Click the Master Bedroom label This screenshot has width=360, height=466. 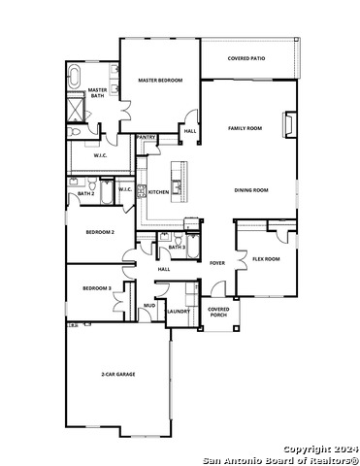tap(160, 81)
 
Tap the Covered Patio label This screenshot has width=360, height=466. tap(246, 58)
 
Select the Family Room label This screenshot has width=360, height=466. tap(245, 128)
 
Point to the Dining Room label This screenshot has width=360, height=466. tap(250, 190)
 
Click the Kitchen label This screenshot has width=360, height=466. tap(158, 192)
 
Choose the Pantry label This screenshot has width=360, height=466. tap(147, 138)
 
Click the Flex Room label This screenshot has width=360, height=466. tap(266, 259)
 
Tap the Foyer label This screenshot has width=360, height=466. tap(217, 263)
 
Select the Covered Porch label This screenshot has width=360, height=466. tap(218, 312)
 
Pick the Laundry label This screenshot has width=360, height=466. tap(178, 311)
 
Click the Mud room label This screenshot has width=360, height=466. tap(149, 306)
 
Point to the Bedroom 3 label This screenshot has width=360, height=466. tap(97, 288)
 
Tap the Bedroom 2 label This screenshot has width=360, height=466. tap(100, 232)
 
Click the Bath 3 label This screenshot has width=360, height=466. tap(177, 248)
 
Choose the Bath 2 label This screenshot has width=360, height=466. tap(85, 194)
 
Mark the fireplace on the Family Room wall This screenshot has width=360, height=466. tap(286, 123)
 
